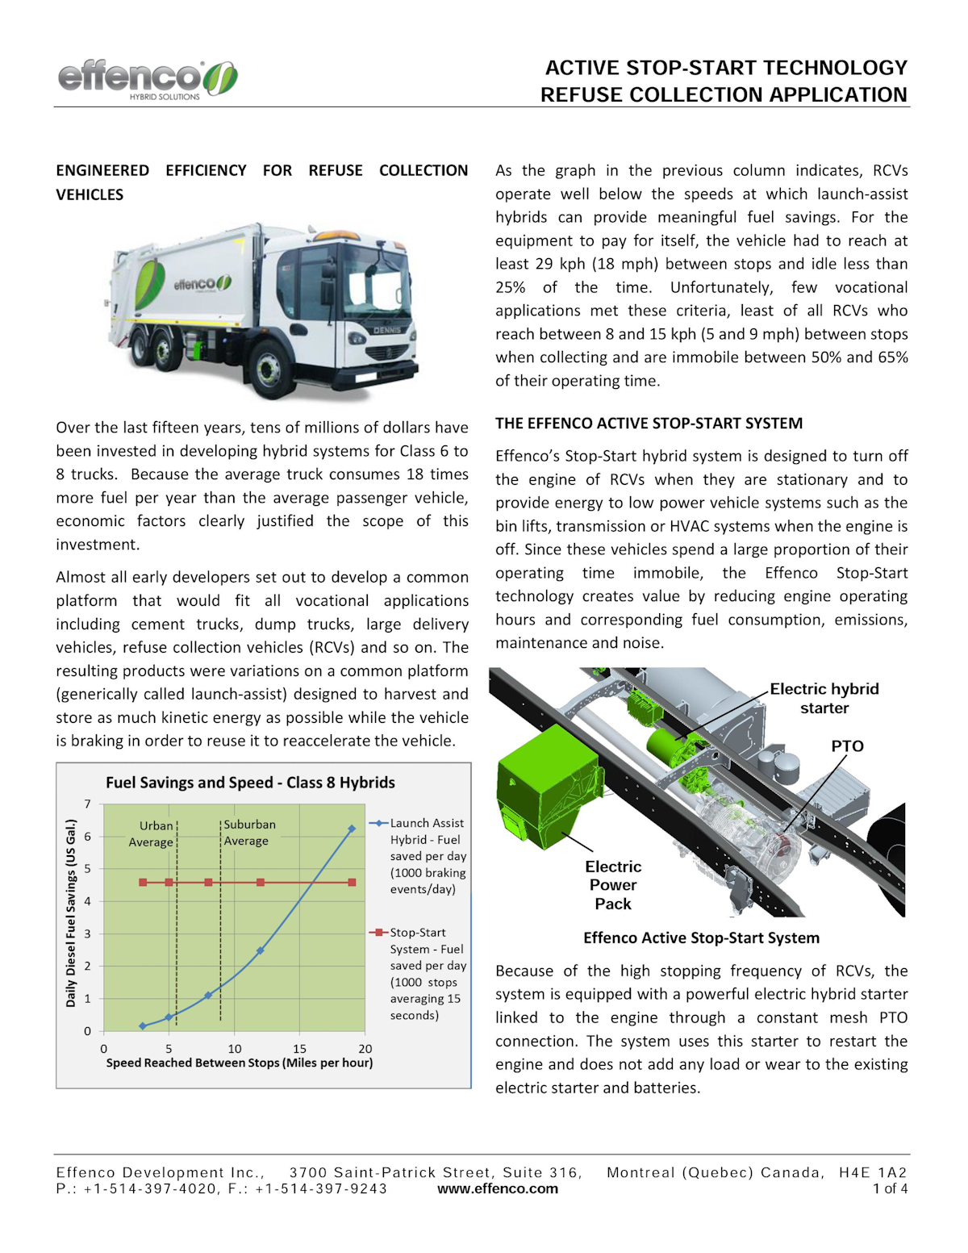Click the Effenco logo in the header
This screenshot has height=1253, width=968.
point(148,79)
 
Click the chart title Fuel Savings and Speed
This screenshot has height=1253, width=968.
point(250,783)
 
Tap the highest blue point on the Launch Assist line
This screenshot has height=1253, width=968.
point(352,829)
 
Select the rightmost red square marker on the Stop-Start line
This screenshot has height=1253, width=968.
point(352,883)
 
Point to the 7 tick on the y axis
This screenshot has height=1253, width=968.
point(88,804)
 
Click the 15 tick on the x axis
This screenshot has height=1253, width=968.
point(299,1049)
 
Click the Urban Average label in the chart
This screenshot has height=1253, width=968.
point(152,833)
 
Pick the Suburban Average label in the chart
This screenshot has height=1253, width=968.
point(248,833)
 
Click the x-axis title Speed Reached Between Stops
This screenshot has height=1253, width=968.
point(240,1063)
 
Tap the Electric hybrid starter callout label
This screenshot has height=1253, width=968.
point(824,699)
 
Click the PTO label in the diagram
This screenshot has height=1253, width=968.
point(847,746)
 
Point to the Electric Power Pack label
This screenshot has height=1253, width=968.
point(613,885)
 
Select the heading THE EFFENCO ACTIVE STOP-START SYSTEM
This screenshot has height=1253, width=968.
point(649,424)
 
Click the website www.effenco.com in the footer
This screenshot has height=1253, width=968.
point(497,1188)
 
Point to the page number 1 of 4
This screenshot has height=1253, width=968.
point(890,1188)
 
